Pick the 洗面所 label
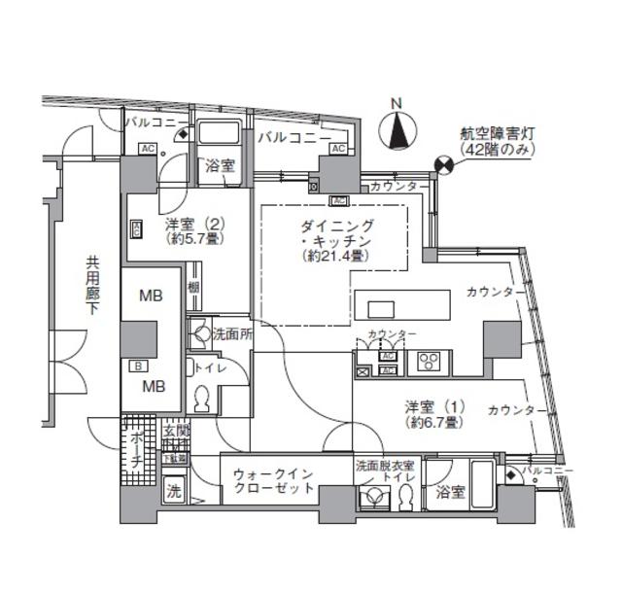coord(231,332)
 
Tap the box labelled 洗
coord(172,492)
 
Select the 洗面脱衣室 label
coord(382,464)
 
